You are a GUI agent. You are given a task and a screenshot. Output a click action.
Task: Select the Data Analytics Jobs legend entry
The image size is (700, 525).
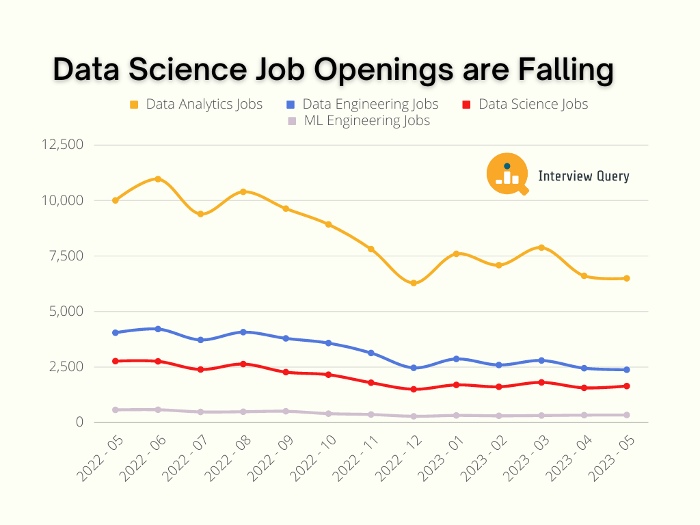pos(196,105)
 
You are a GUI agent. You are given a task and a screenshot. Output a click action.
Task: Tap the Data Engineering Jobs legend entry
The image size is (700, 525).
pos(362,105)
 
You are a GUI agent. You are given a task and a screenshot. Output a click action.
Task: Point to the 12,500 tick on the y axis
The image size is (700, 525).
pos(62,145)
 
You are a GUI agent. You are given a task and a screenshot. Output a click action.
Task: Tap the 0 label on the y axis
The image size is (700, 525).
pos(80,422)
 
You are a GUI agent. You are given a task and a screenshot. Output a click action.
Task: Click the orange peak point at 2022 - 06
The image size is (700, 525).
pos(158,179)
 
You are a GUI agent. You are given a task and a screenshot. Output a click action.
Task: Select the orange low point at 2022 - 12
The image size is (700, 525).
pos(414,283)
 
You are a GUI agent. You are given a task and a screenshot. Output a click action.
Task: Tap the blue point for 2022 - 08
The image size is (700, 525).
pos(243,332)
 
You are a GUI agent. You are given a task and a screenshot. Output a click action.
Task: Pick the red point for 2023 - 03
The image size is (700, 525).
pos(541,382)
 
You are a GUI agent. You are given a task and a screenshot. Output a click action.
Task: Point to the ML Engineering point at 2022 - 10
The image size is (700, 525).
pos(329,414)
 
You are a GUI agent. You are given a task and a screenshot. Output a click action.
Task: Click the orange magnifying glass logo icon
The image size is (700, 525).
pos(508,174)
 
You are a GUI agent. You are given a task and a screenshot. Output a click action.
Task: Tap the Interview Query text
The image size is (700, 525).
pos(584,176)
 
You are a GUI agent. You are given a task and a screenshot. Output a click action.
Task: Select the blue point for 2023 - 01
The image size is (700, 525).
pos(456,359)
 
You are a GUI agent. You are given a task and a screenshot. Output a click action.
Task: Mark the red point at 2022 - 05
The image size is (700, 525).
pos(116,361)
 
